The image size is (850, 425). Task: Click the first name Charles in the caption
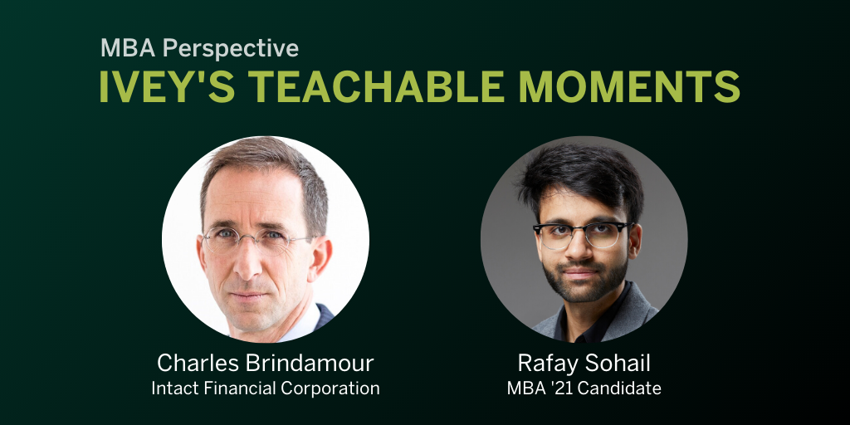193,363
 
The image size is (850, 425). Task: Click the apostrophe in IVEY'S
190,76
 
